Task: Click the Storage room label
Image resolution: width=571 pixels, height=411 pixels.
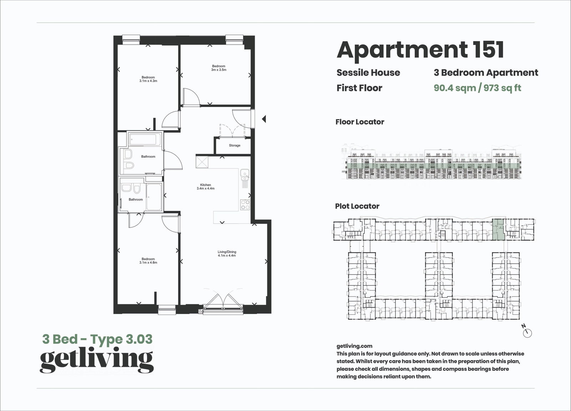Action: tap(234, 146)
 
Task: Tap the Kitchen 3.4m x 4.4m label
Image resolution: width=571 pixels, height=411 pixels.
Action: tap(206, 187)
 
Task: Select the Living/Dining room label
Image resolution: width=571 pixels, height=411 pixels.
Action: tap(227, 254)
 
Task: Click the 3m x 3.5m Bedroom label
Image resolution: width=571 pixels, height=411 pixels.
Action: tap(219, 68)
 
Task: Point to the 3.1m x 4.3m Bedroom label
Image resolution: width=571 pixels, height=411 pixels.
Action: tap(148, 79)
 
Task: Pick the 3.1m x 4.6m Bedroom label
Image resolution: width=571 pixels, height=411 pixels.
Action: tap(148, 260)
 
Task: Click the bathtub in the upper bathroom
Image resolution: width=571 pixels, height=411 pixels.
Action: tap(145, 139)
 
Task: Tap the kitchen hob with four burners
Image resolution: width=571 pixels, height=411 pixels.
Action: tap(245, 204)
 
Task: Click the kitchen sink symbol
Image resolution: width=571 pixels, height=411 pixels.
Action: tap(244, 174)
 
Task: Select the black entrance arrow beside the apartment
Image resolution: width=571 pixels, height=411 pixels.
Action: tap(264, 119)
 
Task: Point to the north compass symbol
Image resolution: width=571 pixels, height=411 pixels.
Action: tap(527, 333)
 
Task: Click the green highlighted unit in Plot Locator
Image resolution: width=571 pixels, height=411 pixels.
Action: tap(499, 229)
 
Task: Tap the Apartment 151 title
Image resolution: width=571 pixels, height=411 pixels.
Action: tap(420, 50)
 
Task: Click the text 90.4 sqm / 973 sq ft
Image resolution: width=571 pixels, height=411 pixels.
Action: tap(477, 88)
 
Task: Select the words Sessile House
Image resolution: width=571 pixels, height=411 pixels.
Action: tap(368, 73)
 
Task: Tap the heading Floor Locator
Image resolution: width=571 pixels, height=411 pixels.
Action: tap(360, 122)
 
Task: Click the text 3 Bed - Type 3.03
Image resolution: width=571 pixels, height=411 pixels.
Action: tap(97, 339)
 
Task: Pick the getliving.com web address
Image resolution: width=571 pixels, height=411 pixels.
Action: tap(354, 346)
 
